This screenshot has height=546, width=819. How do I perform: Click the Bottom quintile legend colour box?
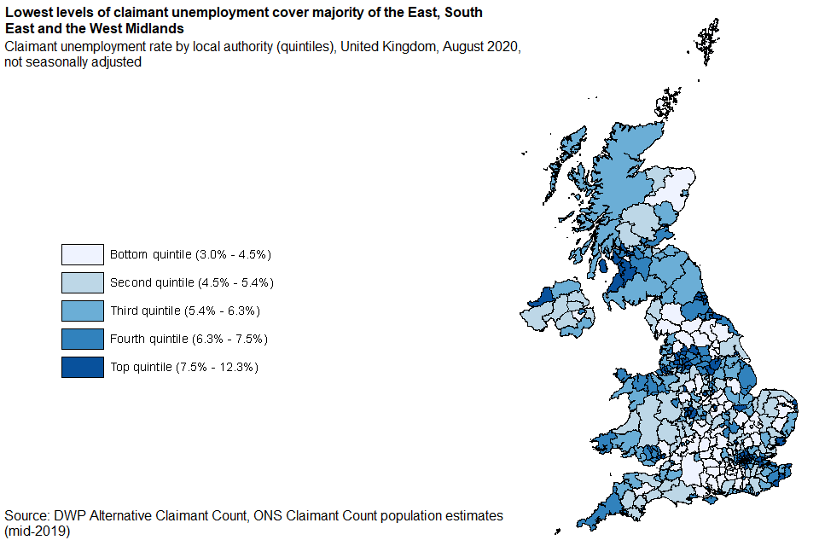point(83,254)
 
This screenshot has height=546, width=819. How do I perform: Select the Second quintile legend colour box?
point(83,282)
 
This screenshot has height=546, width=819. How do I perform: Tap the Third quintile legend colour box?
point(83,311)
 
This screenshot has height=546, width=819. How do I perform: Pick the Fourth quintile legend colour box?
point(83,339)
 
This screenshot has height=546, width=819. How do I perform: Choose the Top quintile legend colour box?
point(83,367)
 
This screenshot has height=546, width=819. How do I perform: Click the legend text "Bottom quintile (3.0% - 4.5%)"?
point(190,254)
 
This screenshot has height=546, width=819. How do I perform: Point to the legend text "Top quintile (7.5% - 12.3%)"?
point(184,367)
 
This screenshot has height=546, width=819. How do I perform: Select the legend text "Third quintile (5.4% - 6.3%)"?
point(185,311)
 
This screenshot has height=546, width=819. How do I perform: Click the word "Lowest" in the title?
point(29,13)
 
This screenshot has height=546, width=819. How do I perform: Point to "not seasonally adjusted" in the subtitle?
point(73,62)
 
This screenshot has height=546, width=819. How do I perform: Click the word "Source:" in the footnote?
point(26,516)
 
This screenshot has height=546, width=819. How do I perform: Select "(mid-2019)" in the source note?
point(37,531)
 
